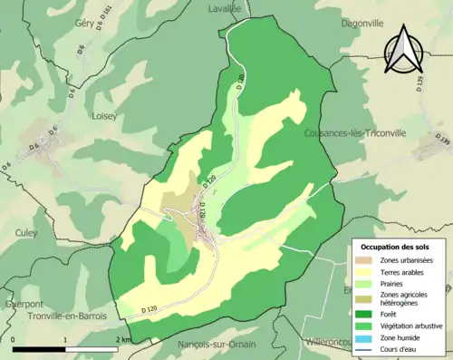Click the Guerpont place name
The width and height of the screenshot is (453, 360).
coord(22,303)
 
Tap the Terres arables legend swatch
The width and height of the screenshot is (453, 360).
coord(367,271)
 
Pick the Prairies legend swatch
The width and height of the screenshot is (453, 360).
coord(367,282)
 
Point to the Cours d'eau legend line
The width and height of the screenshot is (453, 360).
coord(367,346)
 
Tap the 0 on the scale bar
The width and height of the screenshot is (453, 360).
coord(14,340)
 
